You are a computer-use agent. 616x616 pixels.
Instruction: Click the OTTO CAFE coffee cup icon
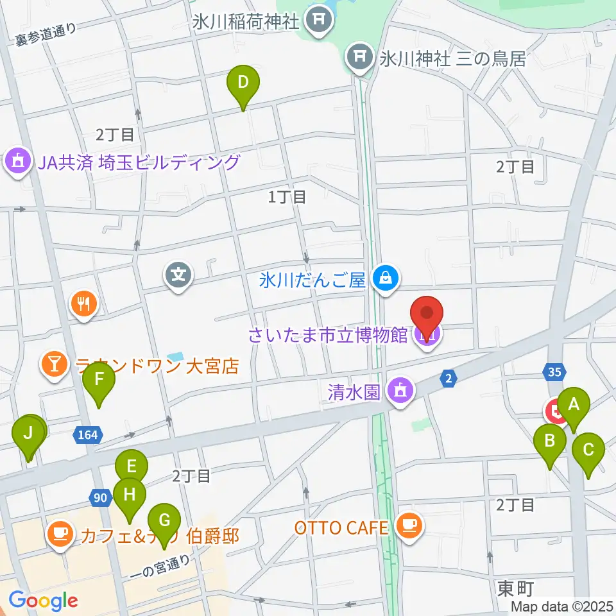click(x=407, y=526)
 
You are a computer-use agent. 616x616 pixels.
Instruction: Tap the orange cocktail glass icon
click(x=54, y=365)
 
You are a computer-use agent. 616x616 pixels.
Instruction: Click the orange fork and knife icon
click(x=83, y=302)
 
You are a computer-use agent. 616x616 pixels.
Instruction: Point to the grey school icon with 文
click(x=180, y=276)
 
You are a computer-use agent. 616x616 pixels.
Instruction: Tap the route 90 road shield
click(x=99, y=497)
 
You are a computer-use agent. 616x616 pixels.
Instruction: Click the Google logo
click(x=43, y=601)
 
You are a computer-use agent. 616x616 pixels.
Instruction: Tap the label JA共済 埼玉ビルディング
click(x=137, y=162)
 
